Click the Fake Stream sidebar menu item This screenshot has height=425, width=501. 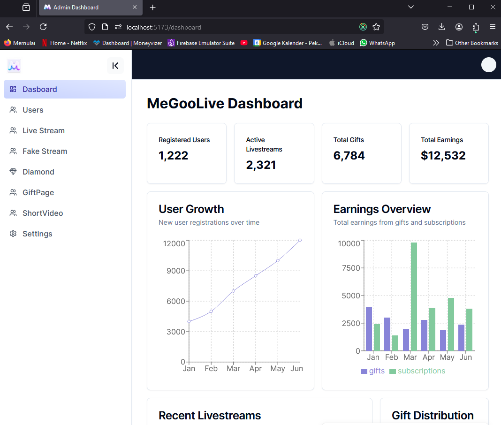point(45,151)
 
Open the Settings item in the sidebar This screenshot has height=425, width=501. point(37,234)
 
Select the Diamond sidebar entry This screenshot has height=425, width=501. point(38,172)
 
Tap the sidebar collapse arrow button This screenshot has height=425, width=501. point(115,66)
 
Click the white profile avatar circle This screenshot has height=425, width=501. point(488,65)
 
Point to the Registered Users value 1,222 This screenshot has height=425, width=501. point(174,156)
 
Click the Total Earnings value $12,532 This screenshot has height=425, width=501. point(443,156)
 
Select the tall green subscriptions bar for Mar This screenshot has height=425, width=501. point(414,296)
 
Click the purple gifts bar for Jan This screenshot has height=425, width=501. point(369,328)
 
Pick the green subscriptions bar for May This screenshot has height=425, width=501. point(451,324)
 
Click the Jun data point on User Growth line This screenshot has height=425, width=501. point(300,240)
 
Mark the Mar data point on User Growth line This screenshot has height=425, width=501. point(233,291)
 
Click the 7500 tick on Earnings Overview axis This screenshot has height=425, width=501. point(349,268)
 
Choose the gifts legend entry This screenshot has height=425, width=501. point(372,371)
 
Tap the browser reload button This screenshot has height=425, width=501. point(43,27)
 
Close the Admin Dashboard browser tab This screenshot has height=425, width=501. point(135,8)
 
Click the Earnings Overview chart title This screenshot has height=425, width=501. point(382,209)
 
